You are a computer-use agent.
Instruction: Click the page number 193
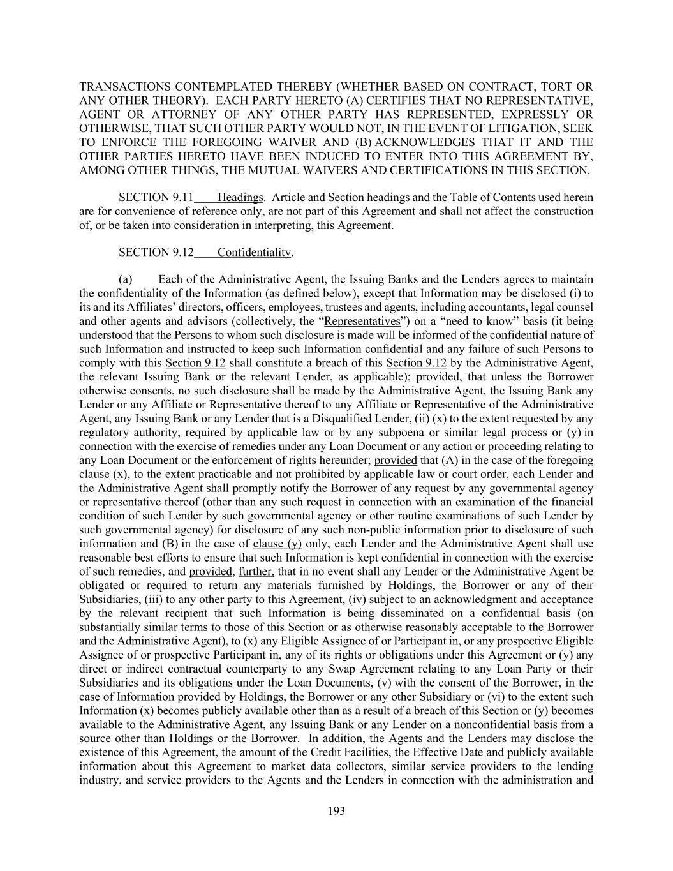(x=336, y=811)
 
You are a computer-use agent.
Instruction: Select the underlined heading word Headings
(x=240, y=197)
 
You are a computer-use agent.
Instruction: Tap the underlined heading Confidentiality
(x=254, y=252)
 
